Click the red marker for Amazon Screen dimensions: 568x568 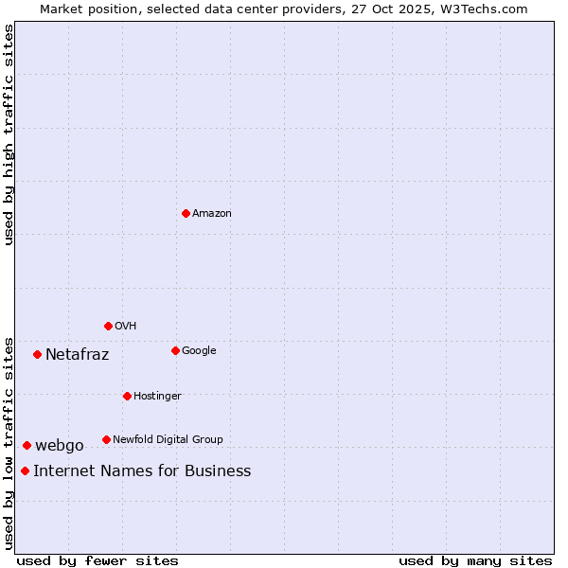click(x=186, y=213)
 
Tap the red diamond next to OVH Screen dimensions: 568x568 click(x=108, y=326)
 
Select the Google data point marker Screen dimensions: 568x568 click(x=175, y=350)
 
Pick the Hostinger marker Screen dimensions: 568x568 click(x=127, y=396)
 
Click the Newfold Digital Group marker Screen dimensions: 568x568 click(x=106, y=439)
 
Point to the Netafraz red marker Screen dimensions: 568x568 click(x=37, y=354)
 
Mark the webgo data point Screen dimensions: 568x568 click(x=27, y=445)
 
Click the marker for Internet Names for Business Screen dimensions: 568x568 click(x=25, y=470)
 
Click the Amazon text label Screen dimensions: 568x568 click(x=211, y=214)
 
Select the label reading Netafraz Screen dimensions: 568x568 click(x=77, y=355)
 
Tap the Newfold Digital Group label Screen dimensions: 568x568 click(x=168, y=439)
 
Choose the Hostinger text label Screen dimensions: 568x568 click(x=157, y=396)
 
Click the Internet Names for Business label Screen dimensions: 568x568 click(x=142, y=471)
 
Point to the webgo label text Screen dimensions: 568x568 click(x=60, y=446)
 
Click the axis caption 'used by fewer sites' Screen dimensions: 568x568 click(x=98, y=560)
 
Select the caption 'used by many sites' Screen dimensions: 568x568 click(x=475, y=560)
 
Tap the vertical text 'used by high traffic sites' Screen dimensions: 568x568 click(x=9, y=134)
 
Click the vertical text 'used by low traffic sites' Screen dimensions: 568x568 click(x=9, y=442)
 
